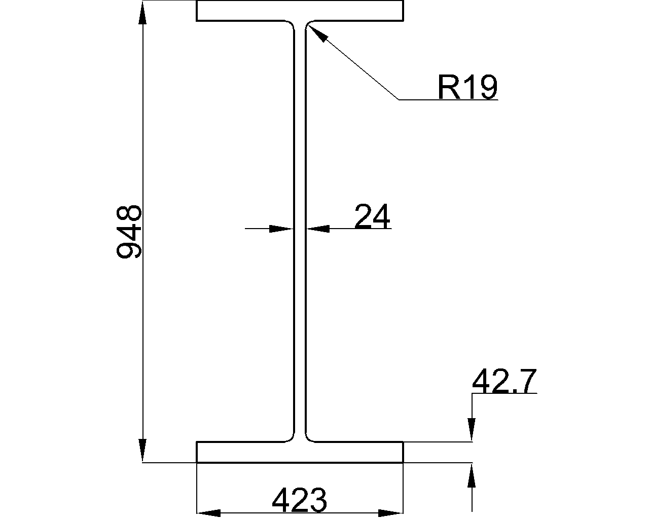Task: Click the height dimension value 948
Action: click(x=129, y=232)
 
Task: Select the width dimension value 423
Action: click(x=299, y=501)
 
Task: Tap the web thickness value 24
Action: click(x=372, y=217)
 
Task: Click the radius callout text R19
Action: click(x=467, y=88)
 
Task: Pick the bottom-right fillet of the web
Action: click(x=308, y=438)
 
